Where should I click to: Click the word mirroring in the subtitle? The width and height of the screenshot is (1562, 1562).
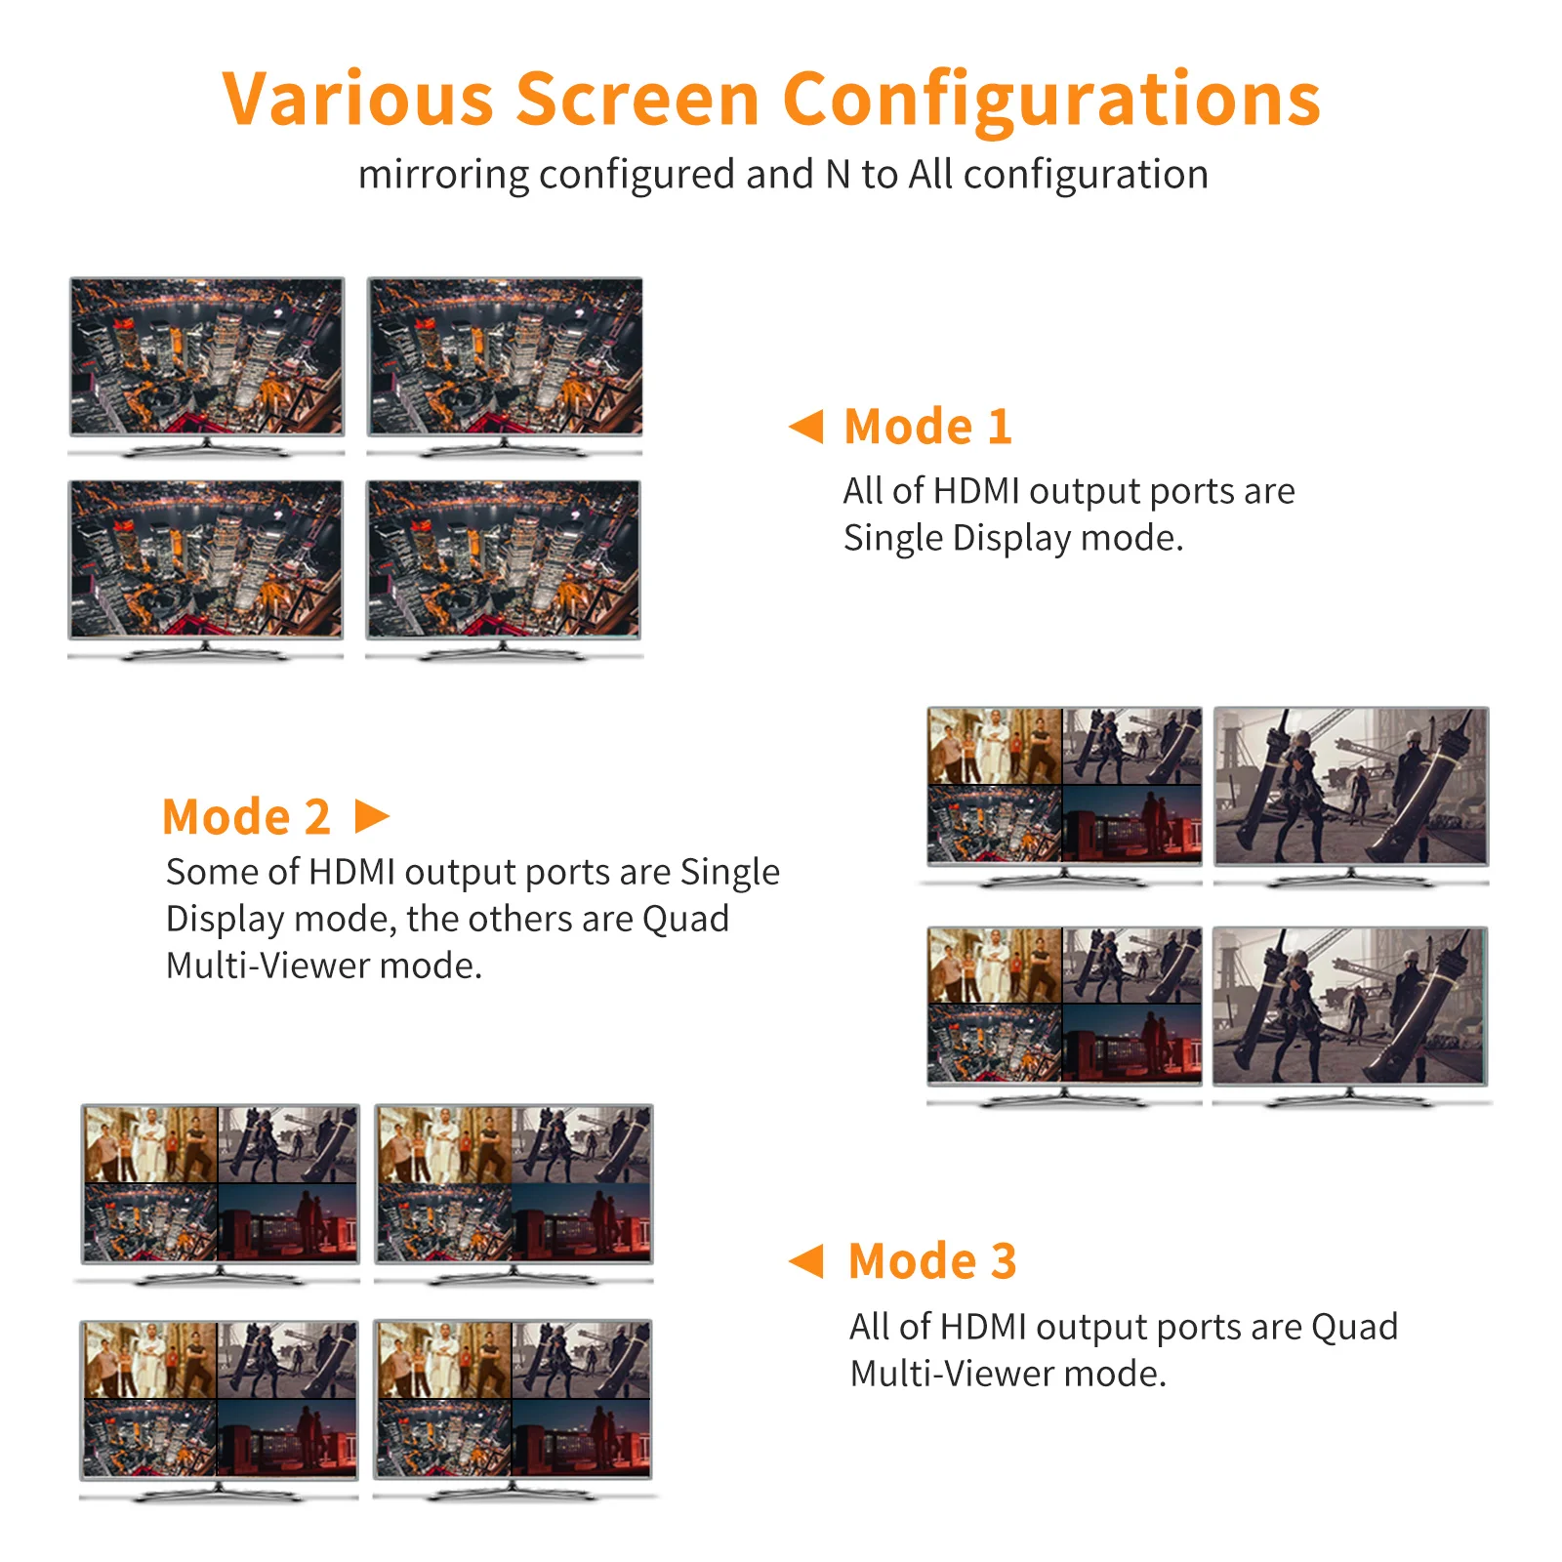tap(443, 175)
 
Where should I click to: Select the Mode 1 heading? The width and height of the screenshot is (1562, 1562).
tap(927, 427)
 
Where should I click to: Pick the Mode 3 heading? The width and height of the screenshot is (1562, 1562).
tap(932, 1260)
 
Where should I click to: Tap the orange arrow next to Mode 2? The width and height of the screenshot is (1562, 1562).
tap(371, 816)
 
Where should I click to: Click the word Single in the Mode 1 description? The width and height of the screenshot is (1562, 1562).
tap(893, 538)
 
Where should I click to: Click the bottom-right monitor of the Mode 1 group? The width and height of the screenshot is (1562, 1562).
tap(504, 558)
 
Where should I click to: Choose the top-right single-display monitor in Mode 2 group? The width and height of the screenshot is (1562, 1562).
tap(1351, 786)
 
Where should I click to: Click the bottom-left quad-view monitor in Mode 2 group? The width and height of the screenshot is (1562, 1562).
tap(1064, 1005)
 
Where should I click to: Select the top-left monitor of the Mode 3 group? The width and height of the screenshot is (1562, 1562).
tap(221, 1183)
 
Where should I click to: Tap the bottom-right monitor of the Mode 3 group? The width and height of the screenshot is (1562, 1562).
tap(513, 1399)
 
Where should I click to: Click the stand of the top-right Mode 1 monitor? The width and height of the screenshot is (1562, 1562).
tap(504, 448)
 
